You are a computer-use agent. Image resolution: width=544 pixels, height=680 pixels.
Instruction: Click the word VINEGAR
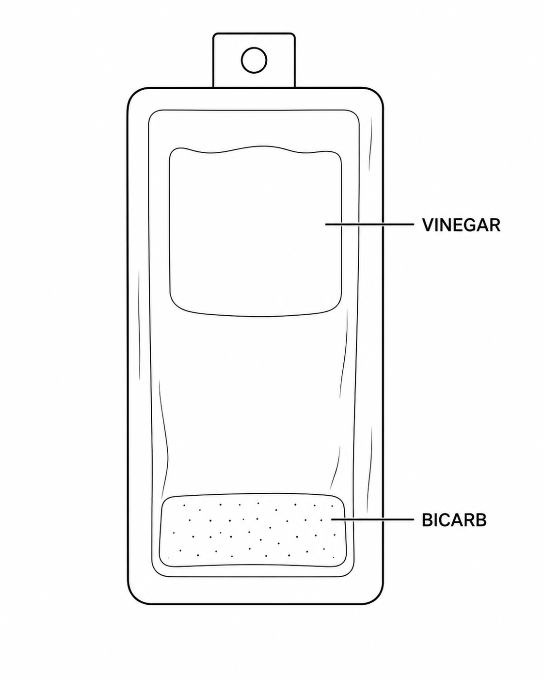[x=461, y=225]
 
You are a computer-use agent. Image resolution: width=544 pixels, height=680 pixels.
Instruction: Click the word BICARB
[x=454, y=520]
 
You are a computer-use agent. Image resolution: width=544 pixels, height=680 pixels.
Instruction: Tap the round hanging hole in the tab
[x=254, y=60]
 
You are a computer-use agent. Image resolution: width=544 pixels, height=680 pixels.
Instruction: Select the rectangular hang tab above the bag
[x=254, y=60]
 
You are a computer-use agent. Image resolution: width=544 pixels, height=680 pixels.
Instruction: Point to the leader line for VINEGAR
[x=369, y=225]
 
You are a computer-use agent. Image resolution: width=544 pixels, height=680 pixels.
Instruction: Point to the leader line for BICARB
[x=372, y=519]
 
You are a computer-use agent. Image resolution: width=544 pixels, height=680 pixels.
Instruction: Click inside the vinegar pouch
[x=255, y=231]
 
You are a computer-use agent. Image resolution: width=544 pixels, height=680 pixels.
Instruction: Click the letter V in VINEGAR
[x=429, y=225]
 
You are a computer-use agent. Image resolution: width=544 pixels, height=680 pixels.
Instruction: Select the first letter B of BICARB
[x=428, y=520]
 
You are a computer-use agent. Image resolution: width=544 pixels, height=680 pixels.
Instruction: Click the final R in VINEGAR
[x=495, y=225]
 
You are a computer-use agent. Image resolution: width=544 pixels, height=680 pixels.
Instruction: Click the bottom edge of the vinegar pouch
[x=255, y=315]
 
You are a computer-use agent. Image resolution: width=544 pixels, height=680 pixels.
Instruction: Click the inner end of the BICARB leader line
[x=331, y=519]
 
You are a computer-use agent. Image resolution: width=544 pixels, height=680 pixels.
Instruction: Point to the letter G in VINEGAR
[x=470, y=225]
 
